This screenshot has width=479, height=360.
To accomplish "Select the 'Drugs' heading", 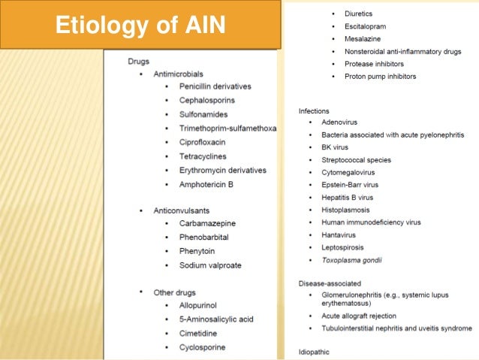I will (139, 60).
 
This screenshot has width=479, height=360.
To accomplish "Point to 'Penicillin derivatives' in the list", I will (215, 86).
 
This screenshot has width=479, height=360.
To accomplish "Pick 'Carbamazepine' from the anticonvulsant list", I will (208, 224).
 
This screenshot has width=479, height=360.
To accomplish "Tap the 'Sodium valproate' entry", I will (210, 265).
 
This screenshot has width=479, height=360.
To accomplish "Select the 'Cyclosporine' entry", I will (203, 347).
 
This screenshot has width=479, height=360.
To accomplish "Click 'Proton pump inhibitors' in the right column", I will (380, 77).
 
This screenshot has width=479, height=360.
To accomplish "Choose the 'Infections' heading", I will (314, 110).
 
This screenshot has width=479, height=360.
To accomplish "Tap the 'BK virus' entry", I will (336, 147).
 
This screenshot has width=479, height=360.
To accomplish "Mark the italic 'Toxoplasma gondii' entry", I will (351, 260).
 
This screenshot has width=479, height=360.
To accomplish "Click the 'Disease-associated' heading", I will (330, 283).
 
